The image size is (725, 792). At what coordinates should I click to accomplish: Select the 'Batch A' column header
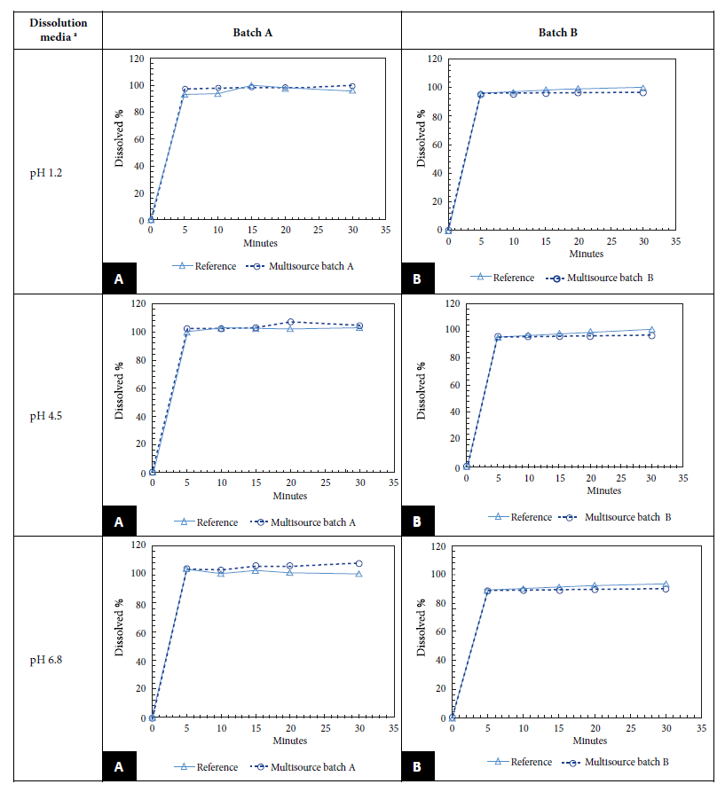tap(250, 31)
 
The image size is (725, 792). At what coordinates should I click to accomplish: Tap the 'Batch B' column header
tap(559, 31)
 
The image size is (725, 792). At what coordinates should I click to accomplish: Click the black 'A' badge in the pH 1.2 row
tap(118, 278)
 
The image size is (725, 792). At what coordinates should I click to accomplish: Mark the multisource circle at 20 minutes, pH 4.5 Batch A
tap(290, 322)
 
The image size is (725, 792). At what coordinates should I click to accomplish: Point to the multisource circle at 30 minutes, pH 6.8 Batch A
tap(359, 563)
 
